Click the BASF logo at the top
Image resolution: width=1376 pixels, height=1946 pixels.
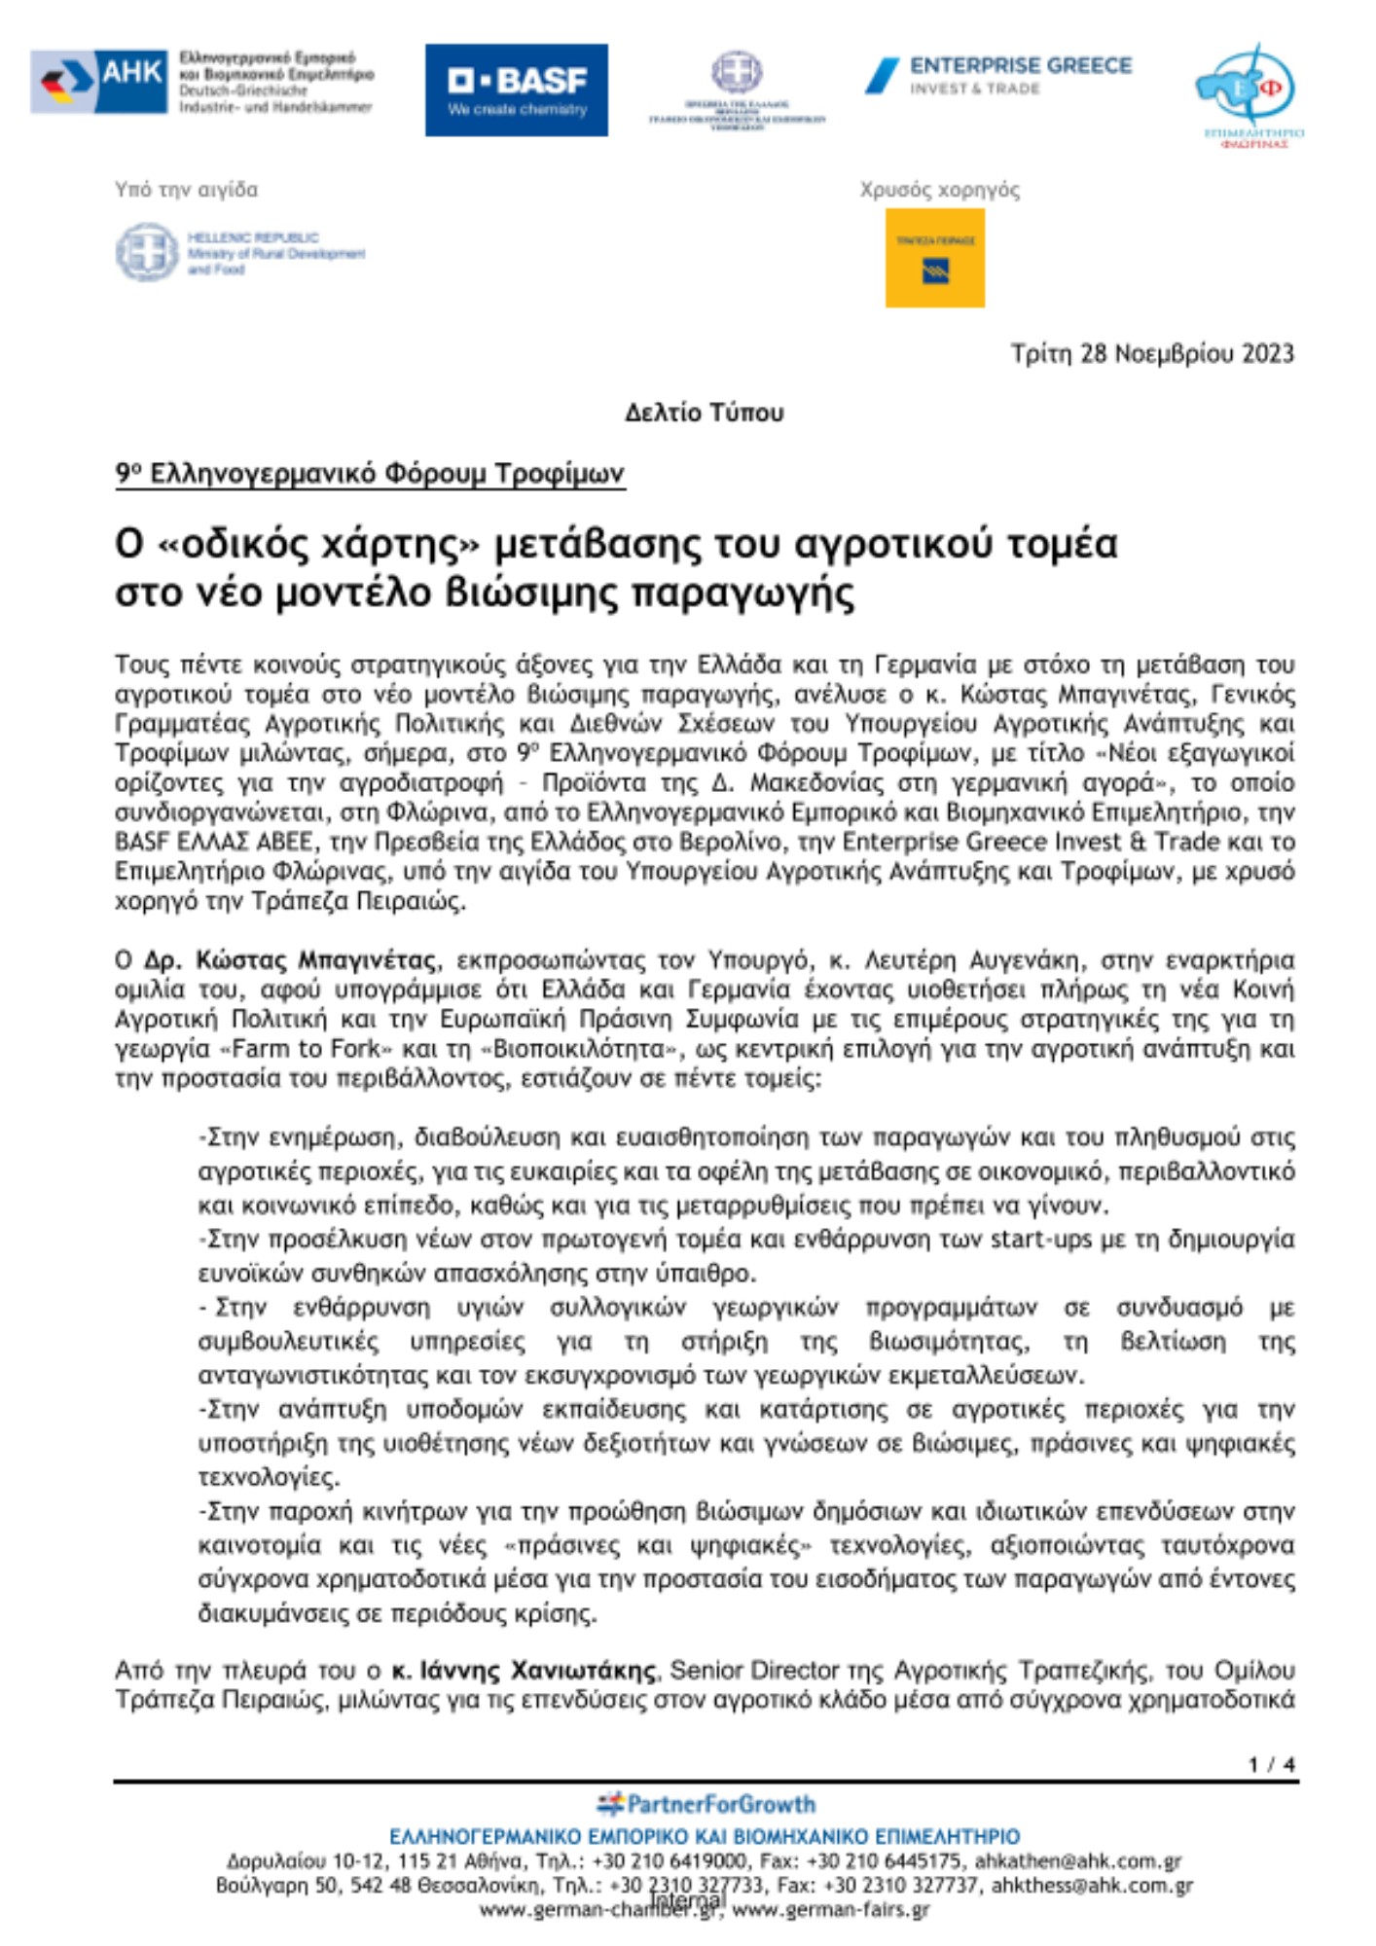pos(516,90)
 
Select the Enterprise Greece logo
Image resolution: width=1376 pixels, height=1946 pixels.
pos(998,76)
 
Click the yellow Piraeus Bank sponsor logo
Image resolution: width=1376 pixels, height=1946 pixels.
pos(934,258)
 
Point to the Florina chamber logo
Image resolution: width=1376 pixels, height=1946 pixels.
pos(1249,95)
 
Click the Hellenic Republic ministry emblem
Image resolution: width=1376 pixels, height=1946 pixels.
pos(147,252)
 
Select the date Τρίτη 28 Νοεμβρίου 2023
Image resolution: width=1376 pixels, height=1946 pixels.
pos(1152,353)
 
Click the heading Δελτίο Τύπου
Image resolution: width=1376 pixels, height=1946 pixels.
pos(704,413)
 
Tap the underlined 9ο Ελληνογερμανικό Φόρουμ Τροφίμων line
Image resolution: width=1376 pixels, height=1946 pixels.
pos(370,474)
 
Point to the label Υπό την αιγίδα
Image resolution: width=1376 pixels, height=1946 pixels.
pos(186,190)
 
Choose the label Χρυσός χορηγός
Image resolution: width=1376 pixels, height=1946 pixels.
pos(939,190)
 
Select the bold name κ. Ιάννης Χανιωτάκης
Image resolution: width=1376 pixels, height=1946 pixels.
pos(524,1671)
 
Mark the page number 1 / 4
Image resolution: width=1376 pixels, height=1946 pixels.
pos(1272,1764)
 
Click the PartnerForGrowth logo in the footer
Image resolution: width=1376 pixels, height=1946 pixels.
pos(706,1805)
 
